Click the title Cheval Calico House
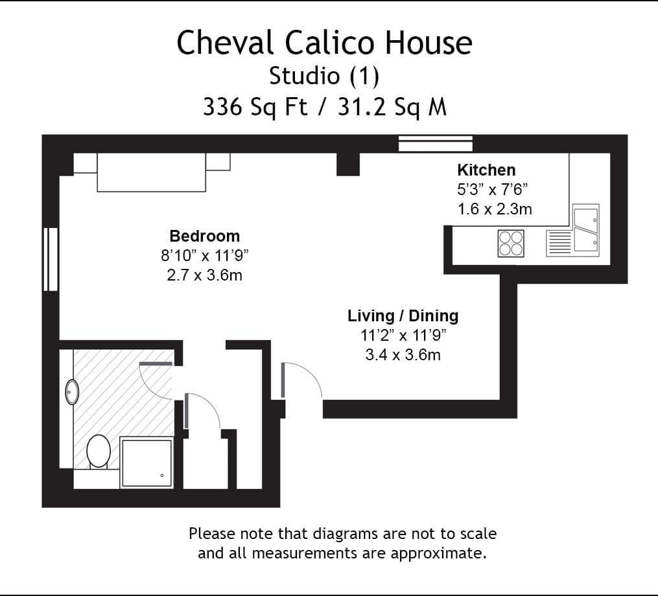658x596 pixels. coord(324,43)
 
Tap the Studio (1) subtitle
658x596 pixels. coord(324,76)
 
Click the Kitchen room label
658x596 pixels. coord(486,170)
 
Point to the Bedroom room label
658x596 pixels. coord(204,236)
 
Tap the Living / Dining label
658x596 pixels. coord(403,316)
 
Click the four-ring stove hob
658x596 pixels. coord(510,244)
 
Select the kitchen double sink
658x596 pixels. coord(586,227)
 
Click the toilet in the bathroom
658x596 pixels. coord(99,452)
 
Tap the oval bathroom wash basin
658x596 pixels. coord(72,392)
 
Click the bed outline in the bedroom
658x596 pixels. coord(152,172)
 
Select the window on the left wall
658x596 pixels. coord(51,259)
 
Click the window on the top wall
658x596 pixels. coord(435,143)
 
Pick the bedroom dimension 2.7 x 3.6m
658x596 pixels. coord(204,275)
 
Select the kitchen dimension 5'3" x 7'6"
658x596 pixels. coord(493,190)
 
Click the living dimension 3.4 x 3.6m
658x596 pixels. coord(403,354)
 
